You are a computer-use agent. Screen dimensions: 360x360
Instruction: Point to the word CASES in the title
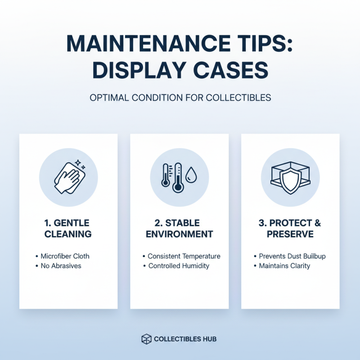(x=231, y=70)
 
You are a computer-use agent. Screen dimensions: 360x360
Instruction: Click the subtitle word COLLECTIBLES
(x=238, y=98)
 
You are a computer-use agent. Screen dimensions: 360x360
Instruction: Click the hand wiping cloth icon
(x=70, y=176)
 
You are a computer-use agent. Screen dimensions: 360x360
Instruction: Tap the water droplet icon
(x=191, y=175)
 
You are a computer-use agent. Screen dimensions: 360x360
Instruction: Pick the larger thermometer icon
(x=178, y=177)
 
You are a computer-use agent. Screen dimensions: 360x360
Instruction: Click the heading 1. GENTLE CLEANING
(x=68, y=229)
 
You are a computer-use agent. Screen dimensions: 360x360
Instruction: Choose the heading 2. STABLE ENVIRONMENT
(x=179, y=229)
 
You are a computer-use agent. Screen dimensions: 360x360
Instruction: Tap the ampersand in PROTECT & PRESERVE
(x=318, y=223)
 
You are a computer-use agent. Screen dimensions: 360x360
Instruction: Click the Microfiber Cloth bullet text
(x=65, y=256)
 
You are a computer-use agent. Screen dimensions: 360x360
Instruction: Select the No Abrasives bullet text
(x=61, y=265)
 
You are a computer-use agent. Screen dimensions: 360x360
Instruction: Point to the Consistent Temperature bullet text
(x=184, y=256)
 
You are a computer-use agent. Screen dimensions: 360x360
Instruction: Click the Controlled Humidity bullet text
(x=179, y=265)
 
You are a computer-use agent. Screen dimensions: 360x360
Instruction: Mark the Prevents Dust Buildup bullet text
(x=292, y=256)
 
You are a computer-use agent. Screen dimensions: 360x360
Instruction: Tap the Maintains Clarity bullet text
(x=284, y=265)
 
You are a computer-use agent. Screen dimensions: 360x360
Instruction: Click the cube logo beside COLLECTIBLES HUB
(x=147, y=339)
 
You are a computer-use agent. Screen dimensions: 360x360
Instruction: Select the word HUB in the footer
(x=210, y=339)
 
